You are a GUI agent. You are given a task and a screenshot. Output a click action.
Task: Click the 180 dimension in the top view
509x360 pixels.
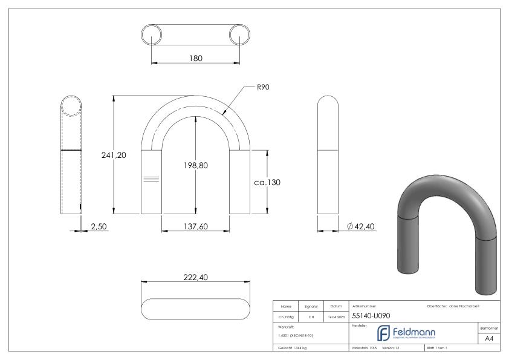pyautogui.click(x=195, y=58)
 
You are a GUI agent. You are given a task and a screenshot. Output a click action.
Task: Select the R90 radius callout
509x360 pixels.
pyautogui.click(x=262, y=87)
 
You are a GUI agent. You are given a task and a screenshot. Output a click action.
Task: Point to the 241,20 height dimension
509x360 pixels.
pyautogui.click(x=113, y=155)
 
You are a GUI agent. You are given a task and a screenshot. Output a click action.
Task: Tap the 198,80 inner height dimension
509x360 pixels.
pyautogui.click(x=195, y=166)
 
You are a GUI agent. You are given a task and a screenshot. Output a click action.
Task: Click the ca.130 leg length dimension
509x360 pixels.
pyautogui.click(x=267, y=182)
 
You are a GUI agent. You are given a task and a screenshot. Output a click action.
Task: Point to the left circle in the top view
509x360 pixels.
pyautogui.click(x=151, y=34)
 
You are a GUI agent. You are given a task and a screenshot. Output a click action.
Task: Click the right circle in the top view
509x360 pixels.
pyautogui.click(x=240, y=34)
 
